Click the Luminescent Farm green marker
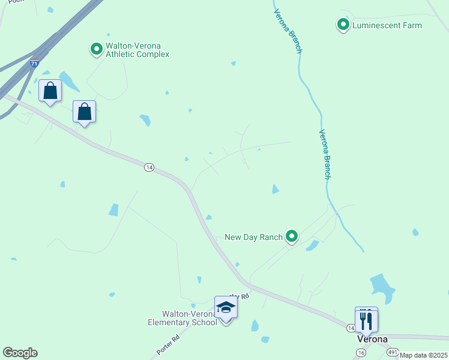pyautogui.click(x=343, y=25)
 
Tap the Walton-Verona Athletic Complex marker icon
pyautogui.click(x=96, y=49)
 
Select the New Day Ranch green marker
pyautogui.click(x=292, y=236)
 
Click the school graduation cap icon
pyautogui.click(x=226, y=308)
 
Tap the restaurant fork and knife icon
pyautogui.click(x=366, y=320)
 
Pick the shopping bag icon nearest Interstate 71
pyautogui.click(x=50, y=91)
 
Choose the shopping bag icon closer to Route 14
pyautogui.click(x=85, y=112)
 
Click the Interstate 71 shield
pyautogui.click(x=35, y=62)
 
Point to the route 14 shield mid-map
pyautogui.click(x=149, y=167)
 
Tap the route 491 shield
pyautogui.click(x=393, y=352)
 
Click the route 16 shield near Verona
pyautogui.click(x=360, y=353)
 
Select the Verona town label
pyautogui.click(x=372, y=339)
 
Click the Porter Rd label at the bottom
pyautogui.click(x=167, y=345)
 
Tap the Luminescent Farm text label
pyautogui.click(x=387, y=26)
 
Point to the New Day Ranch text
pyautogui.click(x=253, y=237)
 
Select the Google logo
pyautogui.click(x=20, y=353)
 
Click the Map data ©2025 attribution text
pyautogui.click(x=423, y=355)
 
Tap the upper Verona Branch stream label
pyautogui.click(x=287, y=31)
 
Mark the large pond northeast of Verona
pyautogui.click(x=382, y=287)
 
